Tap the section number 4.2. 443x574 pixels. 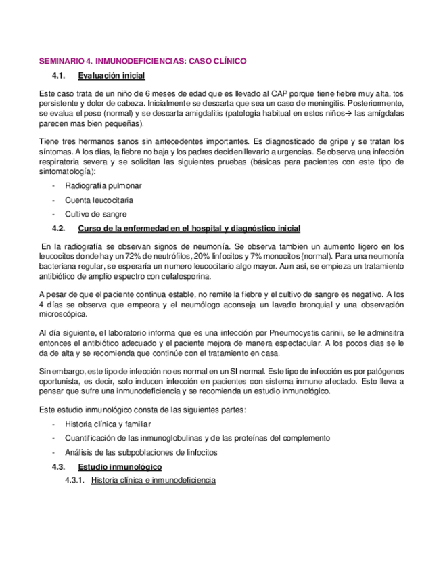(60, 228)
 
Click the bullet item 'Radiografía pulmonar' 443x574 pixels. (103, 185)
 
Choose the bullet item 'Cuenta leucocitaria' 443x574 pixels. (99, 200)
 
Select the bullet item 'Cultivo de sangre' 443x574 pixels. (95, 214)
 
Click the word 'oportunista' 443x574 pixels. (59, 381)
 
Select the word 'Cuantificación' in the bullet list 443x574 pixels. (93, 438)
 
